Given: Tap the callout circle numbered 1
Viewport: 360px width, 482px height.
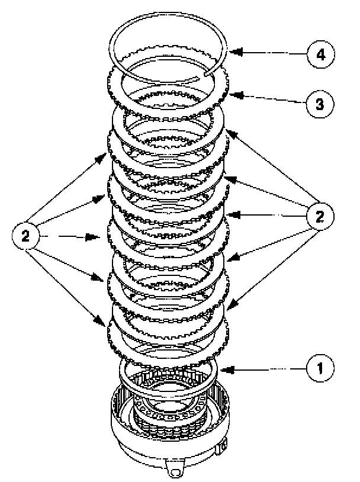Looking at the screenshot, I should (x=320, y=368).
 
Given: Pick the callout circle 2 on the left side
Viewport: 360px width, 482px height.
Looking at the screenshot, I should (x=25, y=237).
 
